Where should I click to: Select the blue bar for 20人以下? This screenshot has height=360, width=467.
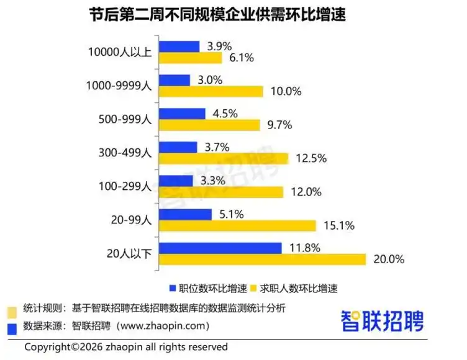click(x=221, y=248)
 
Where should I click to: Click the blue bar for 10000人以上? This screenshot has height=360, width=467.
click(x=179, y=47)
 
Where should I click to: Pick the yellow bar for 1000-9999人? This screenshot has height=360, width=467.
click(x=212, y=91)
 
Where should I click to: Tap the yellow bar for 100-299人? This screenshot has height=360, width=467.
click(x=222, y=192)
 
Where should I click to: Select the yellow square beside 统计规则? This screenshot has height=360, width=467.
click(x=11, y=308)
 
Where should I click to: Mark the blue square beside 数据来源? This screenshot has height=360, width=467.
click(x=11, y=325)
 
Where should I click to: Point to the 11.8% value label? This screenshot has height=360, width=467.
click(x=304, y=248)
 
